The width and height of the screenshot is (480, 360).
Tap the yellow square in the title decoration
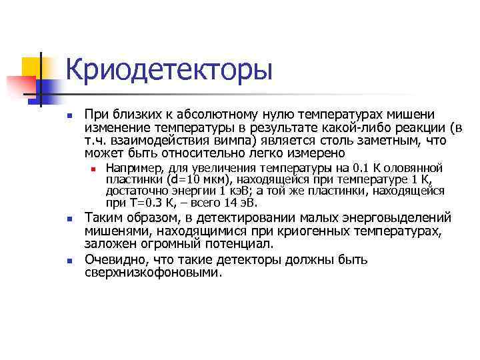tap(32, 67)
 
